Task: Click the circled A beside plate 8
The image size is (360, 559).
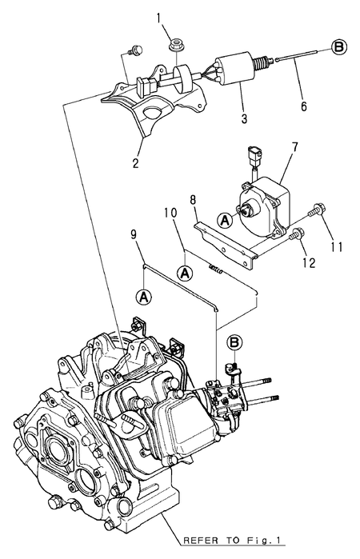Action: pyautogui.click(x=226, y=219)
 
